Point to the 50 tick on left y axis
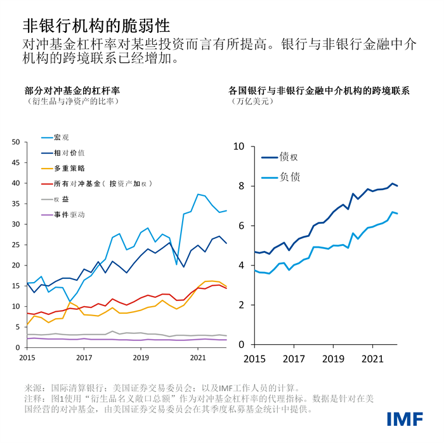16,142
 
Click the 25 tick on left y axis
16,245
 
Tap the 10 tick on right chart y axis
239,146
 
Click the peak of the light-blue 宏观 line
199,194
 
